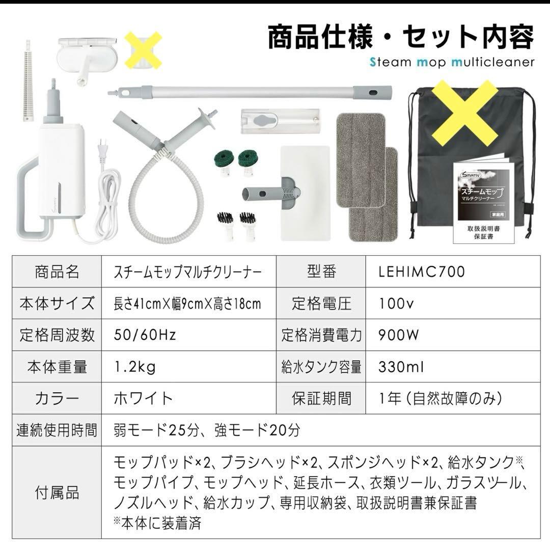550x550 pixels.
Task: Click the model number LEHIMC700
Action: [x=422, y=272]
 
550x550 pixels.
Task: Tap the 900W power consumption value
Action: [x=399, y=335]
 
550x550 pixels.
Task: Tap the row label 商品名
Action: [x=57, y=272]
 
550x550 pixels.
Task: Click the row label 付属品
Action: [x=57, y=492]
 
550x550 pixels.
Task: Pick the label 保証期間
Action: [x=321, y=398]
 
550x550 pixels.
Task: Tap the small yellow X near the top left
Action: [x=143, y=50]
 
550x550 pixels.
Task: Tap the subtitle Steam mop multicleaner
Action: [x=445, y=62]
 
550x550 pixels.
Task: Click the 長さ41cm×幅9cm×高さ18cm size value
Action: [x=187, y=304]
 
